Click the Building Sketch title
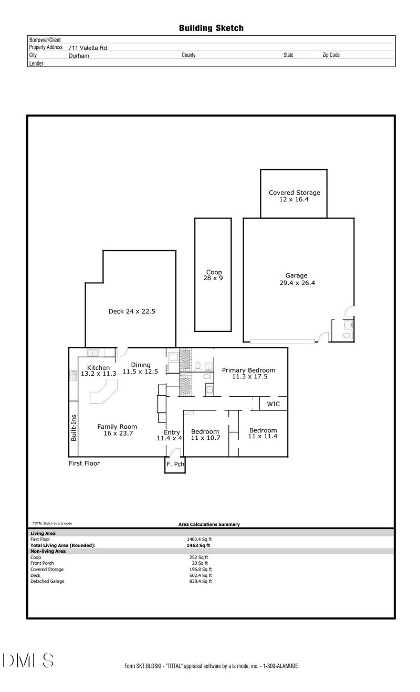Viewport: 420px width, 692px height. click(211, 28)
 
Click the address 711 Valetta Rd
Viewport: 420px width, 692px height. click(88, 48)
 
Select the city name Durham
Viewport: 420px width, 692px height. click(79, 56)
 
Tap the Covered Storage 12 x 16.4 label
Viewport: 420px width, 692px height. click(294, 196)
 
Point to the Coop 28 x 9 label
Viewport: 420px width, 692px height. click(213, 275)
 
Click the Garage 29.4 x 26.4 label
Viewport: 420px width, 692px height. click(297, 280)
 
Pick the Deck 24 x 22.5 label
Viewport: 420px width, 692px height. click(132, 312)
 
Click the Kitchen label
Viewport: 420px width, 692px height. click(99, 368)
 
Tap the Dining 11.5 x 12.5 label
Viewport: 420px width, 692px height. click(140, 368)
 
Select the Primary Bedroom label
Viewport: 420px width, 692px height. click(249, 370)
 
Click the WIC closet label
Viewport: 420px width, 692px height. click(274, 404)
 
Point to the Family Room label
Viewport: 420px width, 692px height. click(117, 427)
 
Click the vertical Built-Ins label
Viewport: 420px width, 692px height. click(73, 428)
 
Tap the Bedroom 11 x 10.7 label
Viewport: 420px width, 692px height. click(205, 435)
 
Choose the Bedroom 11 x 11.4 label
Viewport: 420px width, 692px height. click(263, 433)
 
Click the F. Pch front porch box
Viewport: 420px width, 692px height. click(175, 465)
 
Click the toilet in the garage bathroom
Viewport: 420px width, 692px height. click(348, 335)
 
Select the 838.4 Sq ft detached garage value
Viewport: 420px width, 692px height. click(201, 582)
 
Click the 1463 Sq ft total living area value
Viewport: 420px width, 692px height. click(198, 545)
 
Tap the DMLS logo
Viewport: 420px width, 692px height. click(28, 660)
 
